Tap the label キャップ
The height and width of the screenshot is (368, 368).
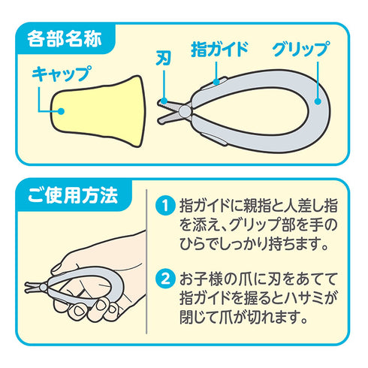click(61, 74)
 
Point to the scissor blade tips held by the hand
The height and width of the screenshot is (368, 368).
click(31, 285)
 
